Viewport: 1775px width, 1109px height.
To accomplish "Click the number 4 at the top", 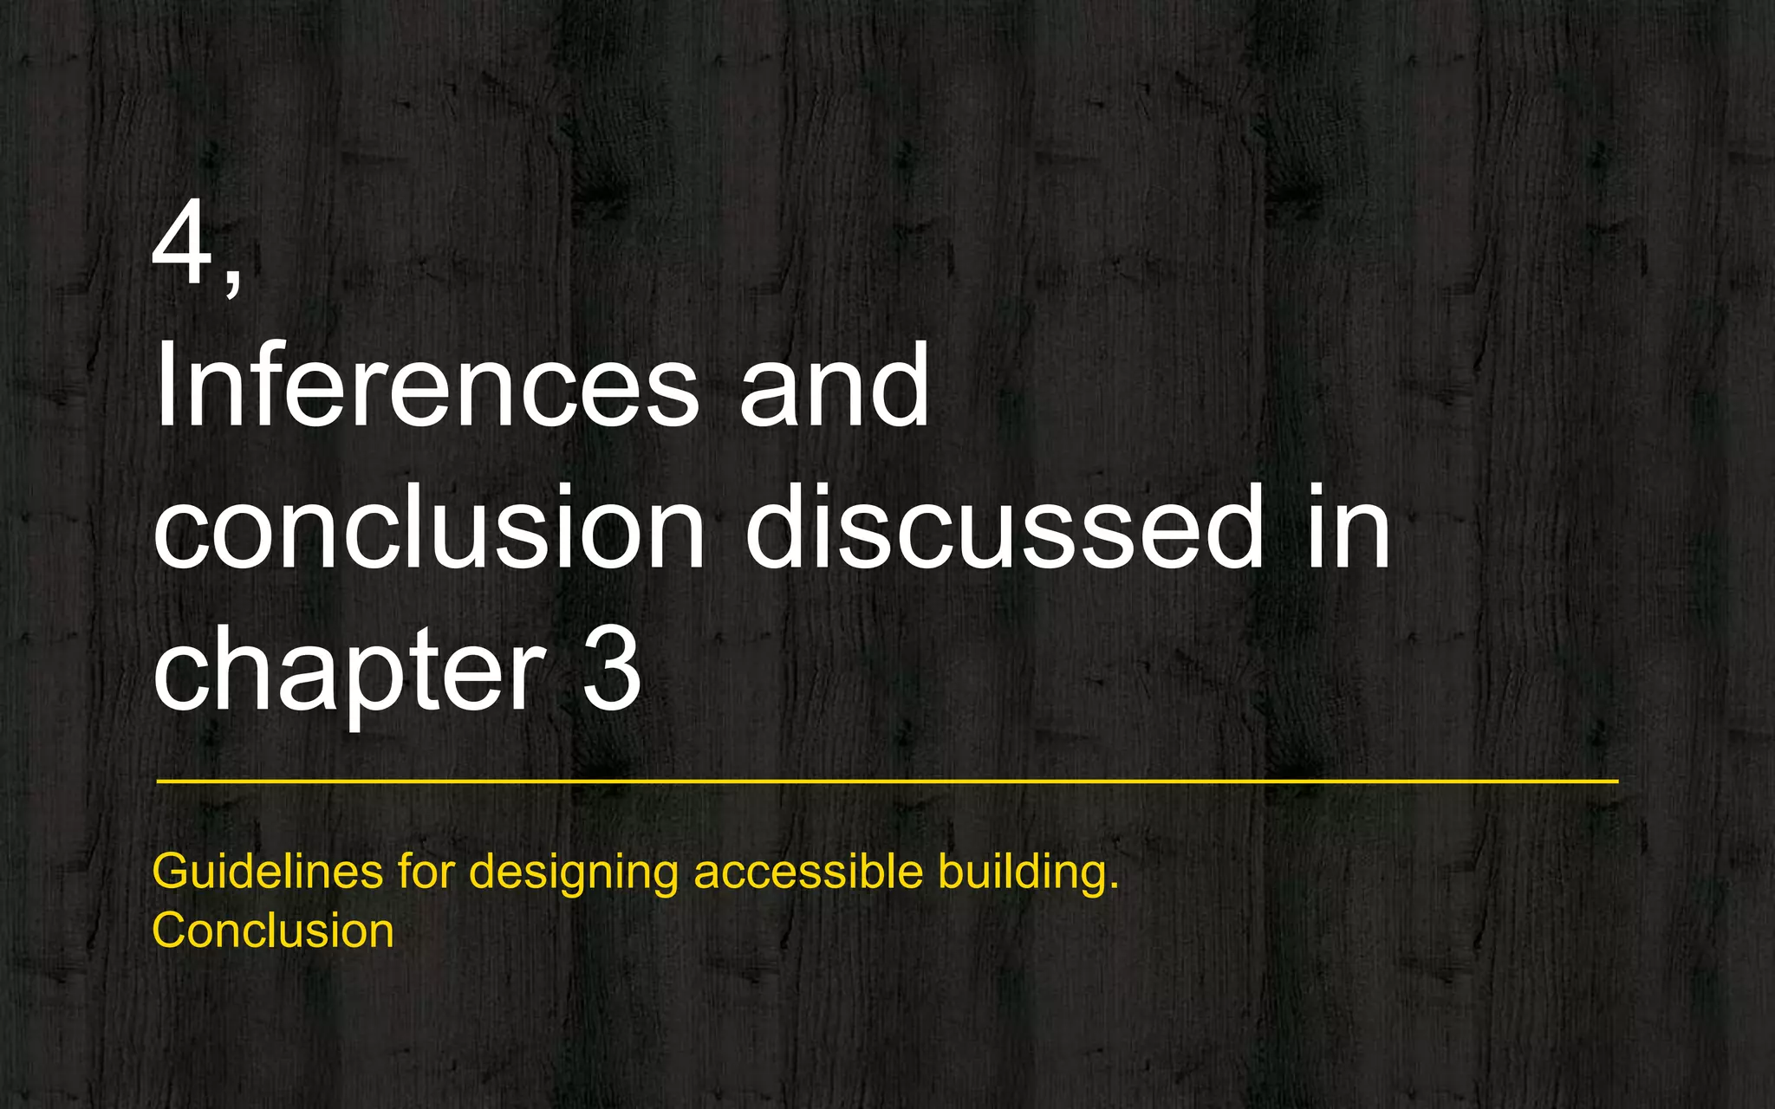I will tap(183, 244).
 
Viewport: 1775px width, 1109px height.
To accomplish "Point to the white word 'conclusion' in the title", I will tap(428, 528).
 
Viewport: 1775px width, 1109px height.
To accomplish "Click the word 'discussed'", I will tap(1005, 528).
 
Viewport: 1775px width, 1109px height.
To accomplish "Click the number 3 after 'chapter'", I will tap(611, 671).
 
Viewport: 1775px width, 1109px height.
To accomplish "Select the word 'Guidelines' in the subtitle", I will tap(267, 871).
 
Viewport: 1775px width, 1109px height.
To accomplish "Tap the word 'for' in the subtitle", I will tap(426, 871).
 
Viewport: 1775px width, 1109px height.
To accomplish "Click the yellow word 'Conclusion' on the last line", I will tap(273, 931).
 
